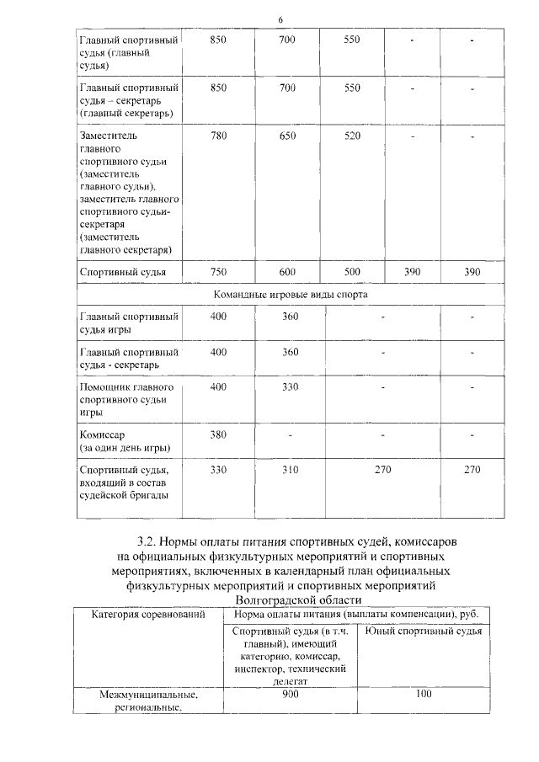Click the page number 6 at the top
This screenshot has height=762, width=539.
click(x=280, y=20)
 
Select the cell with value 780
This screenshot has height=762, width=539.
click(x=219, y=135)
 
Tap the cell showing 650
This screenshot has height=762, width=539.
click(x=287, y=135)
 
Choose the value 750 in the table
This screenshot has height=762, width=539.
click(x=219, y=271)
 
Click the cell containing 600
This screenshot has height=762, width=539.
click(x=287, y=271)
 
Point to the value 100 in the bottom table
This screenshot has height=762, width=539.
click(x=424, y=694)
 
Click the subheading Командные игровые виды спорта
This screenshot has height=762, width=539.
click(x=290, y=295)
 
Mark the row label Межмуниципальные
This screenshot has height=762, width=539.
click(x=148, y=695)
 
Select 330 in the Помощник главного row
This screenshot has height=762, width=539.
click(x=287, y=386)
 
